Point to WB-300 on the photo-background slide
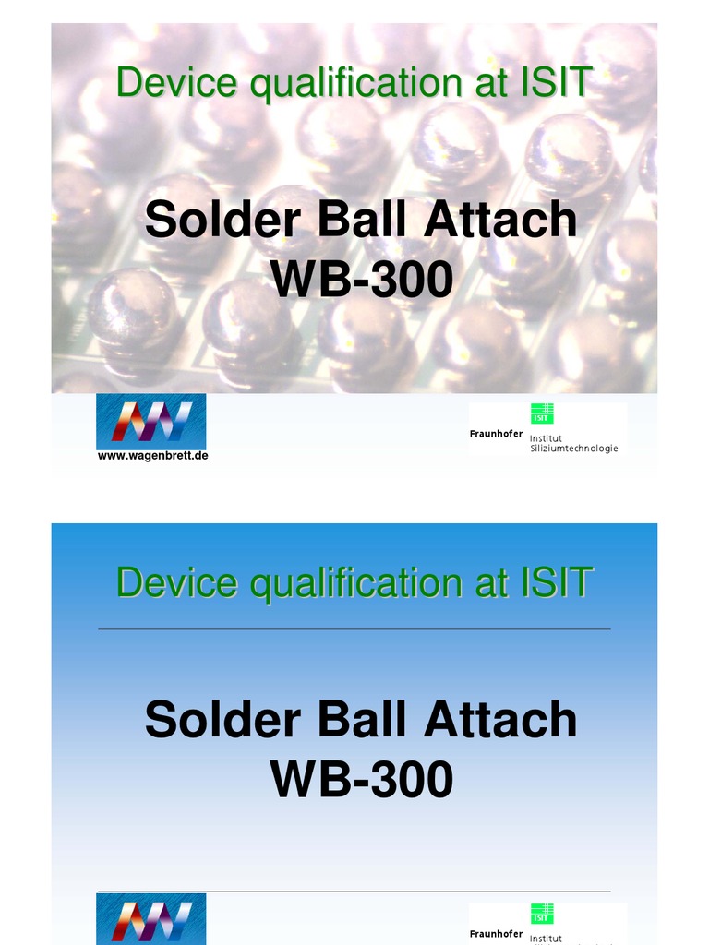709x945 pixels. tap(362, 281)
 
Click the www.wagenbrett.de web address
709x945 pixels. tap(152, 456)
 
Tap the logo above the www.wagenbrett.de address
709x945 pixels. tap(151, 421)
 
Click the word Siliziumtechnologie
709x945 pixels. tap(573, 449)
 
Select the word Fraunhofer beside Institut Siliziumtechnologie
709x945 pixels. tap(496, 434)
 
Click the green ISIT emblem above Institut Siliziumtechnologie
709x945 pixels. tap(542, 413)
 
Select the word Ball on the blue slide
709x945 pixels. tap(362, 720)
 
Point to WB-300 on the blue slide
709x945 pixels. tap(362, 780)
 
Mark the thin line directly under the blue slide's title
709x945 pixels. tap(354, 629)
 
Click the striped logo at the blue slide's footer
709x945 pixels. tap(151, 919)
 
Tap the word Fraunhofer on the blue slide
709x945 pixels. tap(496, 934)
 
